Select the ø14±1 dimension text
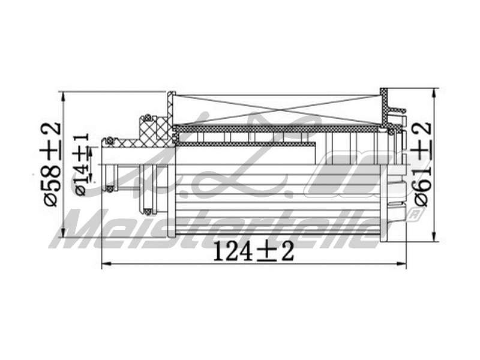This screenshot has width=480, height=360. (82, 165)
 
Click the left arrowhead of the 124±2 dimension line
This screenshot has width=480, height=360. (106, 265)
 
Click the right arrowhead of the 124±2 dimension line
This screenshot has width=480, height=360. (403, 265)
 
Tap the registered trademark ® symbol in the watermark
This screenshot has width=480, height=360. (413, 213)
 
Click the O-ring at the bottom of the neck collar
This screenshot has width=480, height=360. (146, 211)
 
